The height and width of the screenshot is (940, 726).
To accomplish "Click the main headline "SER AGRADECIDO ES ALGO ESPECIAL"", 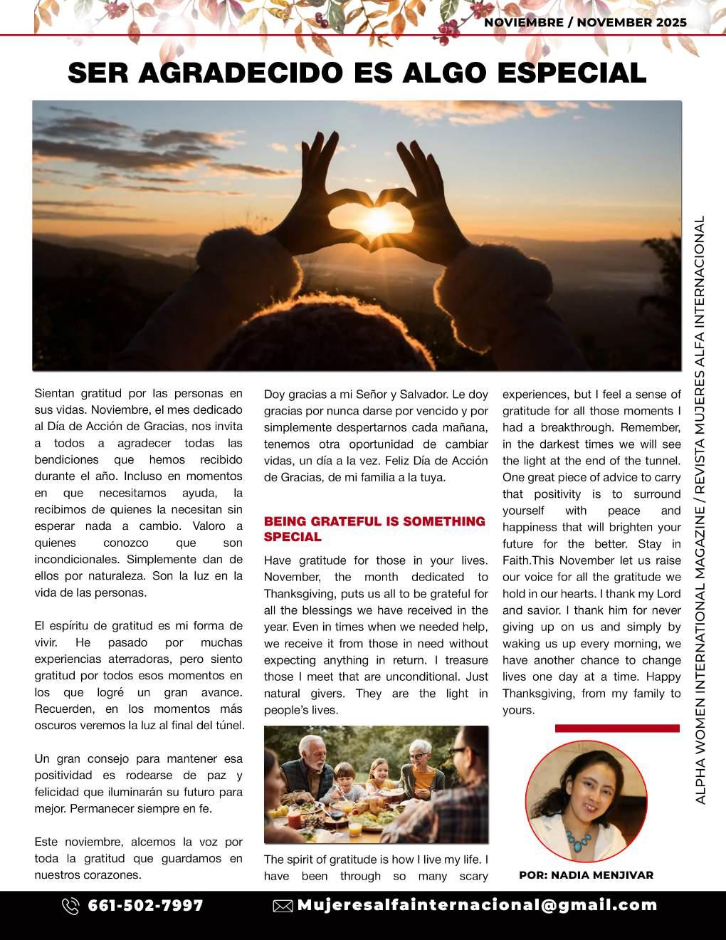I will [357, 73].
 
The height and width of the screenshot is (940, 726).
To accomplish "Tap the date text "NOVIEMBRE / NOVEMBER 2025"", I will [585, 23].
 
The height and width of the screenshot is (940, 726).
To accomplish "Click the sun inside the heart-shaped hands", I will [378, 214].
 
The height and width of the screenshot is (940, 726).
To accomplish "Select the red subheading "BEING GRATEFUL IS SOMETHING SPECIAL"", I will [374, 528].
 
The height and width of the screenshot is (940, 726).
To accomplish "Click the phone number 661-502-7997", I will [145, 906].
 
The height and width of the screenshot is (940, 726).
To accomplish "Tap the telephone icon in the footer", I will [70, 906].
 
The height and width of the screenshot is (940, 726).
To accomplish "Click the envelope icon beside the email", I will [283, 906].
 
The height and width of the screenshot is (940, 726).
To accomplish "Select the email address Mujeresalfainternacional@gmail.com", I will [477, 905].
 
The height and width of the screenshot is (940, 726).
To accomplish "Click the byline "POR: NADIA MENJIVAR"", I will [586, 875].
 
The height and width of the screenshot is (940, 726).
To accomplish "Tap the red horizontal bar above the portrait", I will [617, 728].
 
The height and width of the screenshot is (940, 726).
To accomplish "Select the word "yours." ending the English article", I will [518, 710].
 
